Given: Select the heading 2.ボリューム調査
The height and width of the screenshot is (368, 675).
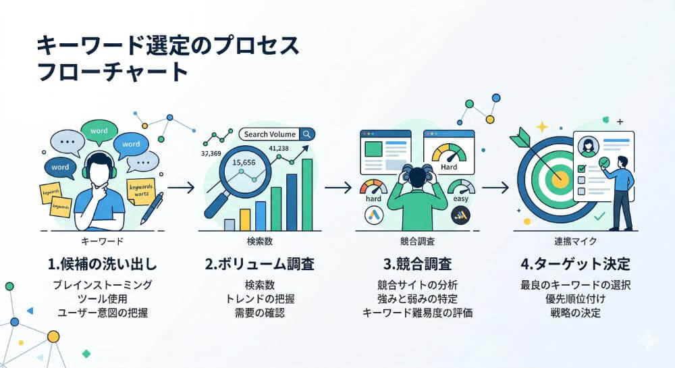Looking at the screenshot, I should pos(259,263).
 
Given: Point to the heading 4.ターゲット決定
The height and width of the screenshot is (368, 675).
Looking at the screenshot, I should pos(571,263).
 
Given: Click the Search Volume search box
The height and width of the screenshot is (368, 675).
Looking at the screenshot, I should pos(277,134).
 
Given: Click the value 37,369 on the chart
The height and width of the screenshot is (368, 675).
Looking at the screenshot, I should pos(211,153).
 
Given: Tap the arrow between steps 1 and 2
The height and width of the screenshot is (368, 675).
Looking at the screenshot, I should pos(180,187).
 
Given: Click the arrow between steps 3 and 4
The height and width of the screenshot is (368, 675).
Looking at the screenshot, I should pos(495,187).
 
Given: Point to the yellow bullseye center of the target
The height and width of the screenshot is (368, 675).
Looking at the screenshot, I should pos(560,179).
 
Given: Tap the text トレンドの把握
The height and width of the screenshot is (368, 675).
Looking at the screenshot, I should pos(259,298).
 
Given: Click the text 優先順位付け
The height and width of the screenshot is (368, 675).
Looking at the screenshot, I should pos(571,298).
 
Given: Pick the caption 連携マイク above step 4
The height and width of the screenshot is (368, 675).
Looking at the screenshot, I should pos(571,240).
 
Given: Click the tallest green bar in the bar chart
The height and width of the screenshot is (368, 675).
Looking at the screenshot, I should pos(307,196).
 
